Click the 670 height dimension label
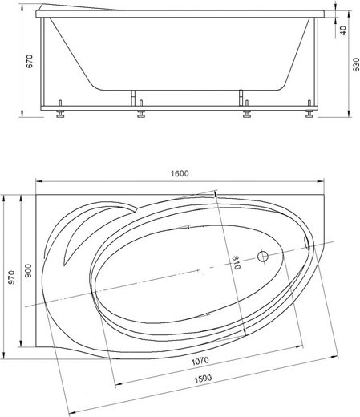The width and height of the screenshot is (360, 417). coord(30,61)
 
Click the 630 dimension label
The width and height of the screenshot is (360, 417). coord(356,65)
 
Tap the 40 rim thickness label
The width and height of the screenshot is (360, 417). coord(343,30)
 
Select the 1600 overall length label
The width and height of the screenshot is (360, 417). coord(180,173)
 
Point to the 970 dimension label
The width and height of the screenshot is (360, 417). coord(11,277)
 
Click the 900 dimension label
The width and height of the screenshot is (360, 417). coord(28,271)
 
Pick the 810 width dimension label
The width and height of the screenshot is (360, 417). coord(236,262)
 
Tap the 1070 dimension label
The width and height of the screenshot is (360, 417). coord(200,361)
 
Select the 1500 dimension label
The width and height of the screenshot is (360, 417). coord(203,379)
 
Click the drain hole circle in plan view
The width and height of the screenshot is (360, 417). coord(263,257)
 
